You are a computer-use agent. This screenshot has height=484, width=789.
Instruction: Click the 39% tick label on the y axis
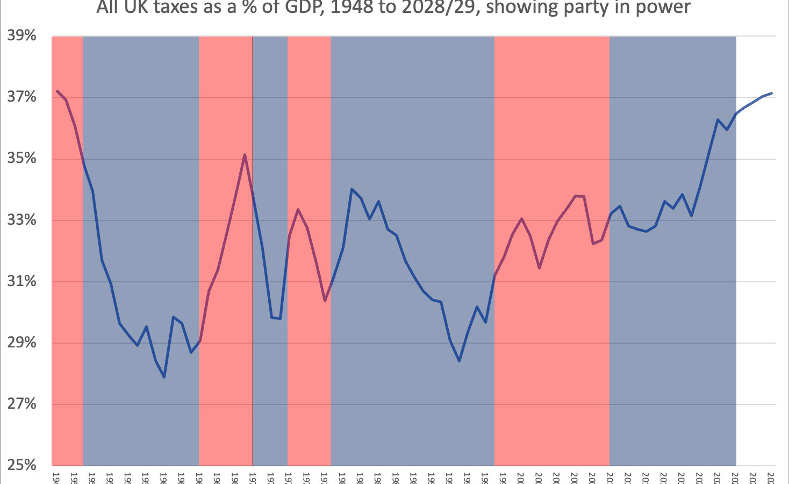pos(21,36)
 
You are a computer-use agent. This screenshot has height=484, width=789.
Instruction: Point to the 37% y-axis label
pos(21,97)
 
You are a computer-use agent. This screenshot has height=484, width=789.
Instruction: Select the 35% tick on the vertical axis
pos(21,159)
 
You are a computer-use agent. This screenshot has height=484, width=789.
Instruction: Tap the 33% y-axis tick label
pos(21,220)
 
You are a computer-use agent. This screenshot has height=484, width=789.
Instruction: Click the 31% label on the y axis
pos(21,281)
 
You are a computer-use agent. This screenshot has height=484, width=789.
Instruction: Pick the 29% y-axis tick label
pos(21,343)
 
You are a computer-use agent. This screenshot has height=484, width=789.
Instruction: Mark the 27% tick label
pos(21,404)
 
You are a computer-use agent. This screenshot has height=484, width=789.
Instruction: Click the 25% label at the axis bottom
pos(21,465)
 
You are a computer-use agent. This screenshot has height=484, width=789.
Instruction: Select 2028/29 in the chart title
pos(435,8)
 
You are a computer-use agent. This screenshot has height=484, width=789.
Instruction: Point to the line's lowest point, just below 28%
pos(164,377)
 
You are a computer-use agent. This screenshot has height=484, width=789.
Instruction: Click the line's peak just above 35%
pos(245,155)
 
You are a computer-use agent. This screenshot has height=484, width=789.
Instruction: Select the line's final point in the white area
pos(772,93)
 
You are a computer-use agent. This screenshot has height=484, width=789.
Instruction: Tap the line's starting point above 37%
pos(57,91)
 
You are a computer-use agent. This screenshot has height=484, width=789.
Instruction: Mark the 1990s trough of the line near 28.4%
pos(459,361)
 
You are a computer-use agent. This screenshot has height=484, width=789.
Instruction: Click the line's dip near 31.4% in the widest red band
pos(539,268)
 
